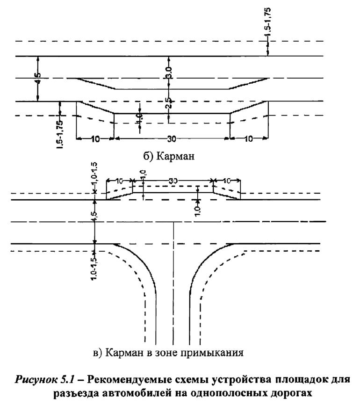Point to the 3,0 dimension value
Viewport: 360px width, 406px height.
point(169,72)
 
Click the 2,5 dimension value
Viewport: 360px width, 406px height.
point(169,102)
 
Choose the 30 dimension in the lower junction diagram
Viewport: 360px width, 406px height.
point(173,180)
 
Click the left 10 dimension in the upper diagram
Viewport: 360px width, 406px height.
point(95,138)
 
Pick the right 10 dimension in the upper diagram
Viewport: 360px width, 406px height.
point(249,138)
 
